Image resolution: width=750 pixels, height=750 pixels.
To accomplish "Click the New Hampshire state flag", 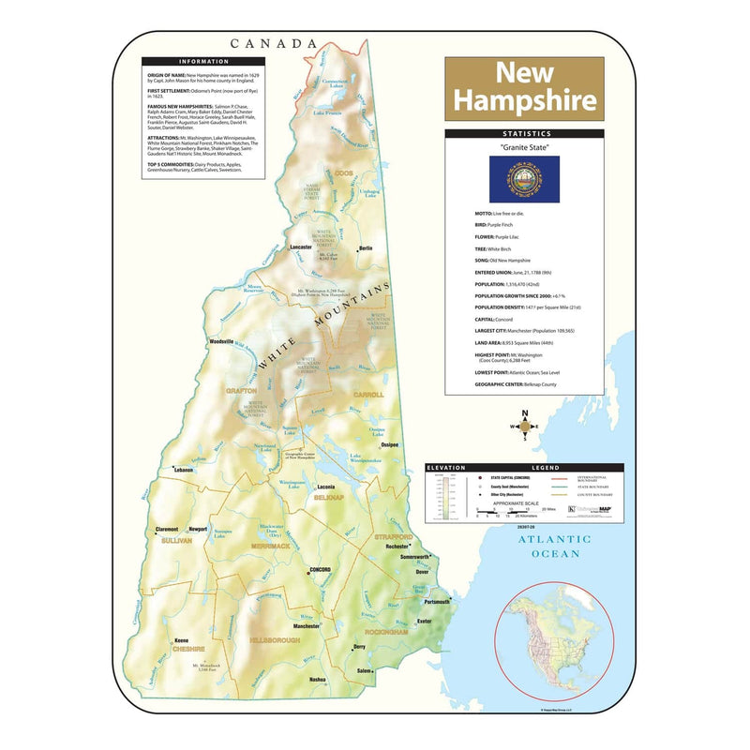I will click(524, 179).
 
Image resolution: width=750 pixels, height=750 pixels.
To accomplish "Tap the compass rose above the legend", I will click(524, 427).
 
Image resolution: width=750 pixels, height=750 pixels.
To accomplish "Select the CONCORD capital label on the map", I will click(321, 570).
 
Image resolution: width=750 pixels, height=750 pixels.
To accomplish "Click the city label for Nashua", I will click(317, 679).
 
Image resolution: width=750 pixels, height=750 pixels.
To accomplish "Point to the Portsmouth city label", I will click(437, 601).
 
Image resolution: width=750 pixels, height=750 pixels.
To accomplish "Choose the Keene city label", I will click(181, 641).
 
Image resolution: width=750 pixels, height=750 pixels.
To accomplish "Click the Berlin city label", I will click(366, 247).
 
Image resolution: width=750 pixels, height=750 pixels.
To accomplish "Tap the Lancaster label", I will click(301, 247).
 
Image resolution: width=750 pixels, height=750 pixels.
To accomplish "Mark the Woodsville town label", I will click(221, 342).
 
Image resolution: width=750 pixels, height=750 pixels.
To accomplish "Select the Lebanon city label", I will click(184, 469).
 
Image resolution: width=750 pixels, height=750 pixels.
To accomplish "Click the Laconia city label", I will click(326, 487).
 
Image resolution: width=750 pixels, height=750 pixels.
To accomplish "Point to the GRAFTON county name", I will click(240, 390).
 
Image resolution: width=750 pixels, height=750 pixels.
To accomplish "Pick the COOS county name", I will click(344, 172).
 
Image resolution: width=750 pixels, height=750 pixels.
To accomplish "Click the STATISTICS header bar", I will click(524, 134).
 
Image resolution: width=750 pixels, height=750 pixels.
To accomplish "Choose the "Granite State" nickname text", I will click(524, 148).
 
